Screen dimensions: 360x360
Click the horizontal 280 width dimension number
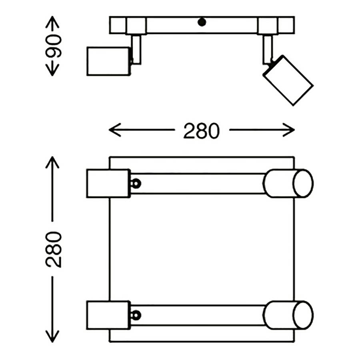coord(201,130)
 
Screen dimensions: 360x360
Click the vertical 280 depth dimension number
coord(54,249)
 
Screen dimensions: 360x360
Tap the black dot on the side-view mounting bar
coord(202,22)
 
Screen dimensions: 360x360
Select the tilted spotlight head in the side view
coord(288,80)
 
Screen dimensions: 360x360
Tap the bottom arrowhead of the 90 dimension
coord(52,72)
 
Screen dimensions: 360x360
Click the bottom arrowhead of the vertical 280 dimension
coord(52,338)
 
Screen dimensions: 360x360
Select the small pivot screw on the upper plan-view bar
coord(136,184)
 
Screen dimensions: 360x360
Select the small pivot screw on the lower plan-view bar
coord(136,315)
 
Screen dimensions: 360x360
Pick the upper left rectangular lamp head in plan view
coord(108,184)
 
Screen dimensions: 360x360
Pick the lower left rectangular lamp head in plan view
coord(108,315)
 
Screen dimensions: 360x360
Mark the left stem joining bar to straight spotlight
coord(136,49)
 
